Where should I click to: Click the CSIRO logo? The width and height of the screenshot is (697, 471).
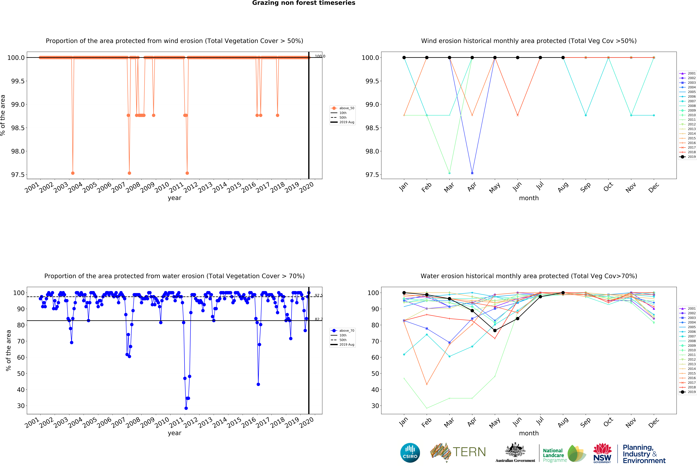pyautogui.click(x=410, y=453)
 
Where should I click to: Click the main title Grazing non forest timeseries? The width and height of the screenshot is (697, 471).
pyautogui.click(x=303, y=3)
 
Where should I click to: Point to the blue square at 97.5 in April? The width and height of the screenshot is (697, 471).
pyautogui.click(x=472, y=173)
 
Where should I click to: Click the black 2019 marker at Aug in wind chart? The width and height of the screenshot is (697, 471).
pyautogui.click(x=563, y=58)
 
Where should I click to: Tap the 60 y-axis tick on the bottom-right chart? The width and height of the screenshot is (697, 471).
pyautogui.click(x=375, y=357)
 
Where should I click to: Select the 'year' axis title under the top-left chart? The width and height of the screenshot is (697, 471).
pyautogui.click(x=175, y=198)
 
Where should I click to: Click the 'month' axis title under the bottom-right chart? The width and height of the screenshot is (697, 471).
pyautogui.click(x=529, y=433)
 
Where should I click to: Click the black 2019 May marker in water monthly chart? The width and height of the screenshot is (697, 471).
pyautogui.click(x=495, y=330)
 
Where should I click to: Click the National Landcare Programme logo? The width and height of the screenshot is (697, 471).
pyautogui.click(x=564, y=453)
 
